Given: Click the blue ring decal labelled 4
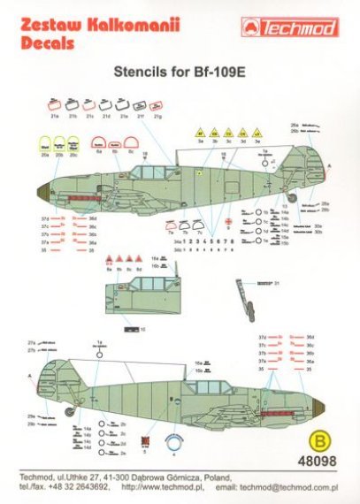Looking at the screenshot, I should [x=174, y=444].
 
